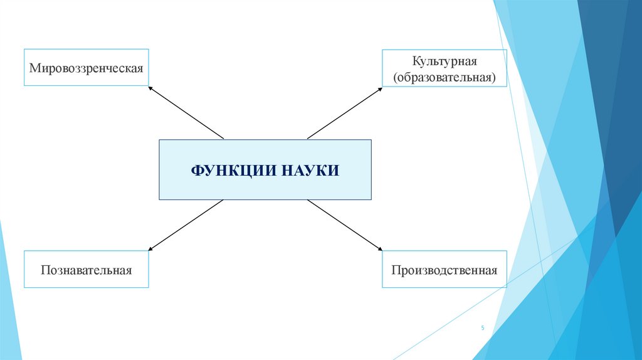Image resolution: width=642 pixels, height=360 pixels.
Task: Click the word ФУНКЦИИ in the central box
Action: coord(228,170)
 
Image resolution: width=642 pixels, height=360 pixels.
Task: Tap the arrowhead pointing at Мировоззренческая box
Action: coord(150,88)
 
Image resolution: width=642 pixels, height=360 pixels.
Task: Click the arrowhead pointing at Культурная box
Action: coord(379,89)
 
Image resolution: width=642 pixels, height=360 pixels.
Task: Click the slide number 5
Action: coord(483,328)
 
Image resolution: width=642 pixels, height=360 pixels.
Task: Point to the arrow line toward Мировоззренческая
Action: coord(187,113)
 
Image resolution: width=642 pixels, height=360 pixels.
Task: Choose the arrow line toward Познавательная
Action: coord(187,224)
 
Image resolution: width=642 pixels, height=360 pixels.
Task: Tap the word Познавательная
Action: coord(87,270)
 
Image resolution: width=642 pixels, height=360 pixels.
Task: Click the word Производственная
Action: coord(444,270)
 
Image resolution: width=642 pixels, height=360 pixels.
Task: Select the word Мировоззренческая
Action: coord(87,66)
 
